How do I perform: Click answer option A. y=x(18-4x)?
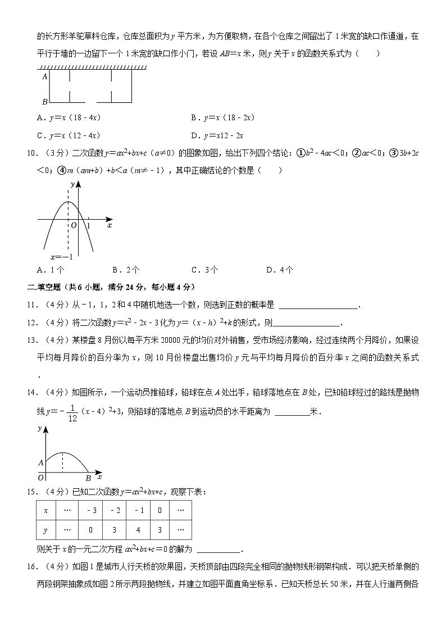[x=68, y=118]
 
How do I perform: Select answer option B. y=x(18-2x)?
[x=223, y=118]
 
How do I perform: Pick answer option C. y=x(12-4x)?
[x=68, y=135]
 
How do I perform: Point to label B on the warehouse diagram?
[x=44, y=102]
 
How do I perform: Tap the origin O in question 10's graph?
[x=73, y=225]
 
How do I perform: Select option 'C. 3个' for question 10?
[x=204, y=270]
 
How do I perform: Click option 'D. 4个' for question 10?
[x=280, y=270]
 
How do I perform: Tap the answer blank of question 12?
[x=306, y=323]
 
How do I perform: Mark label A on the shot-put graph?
[x=40, y=463]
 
